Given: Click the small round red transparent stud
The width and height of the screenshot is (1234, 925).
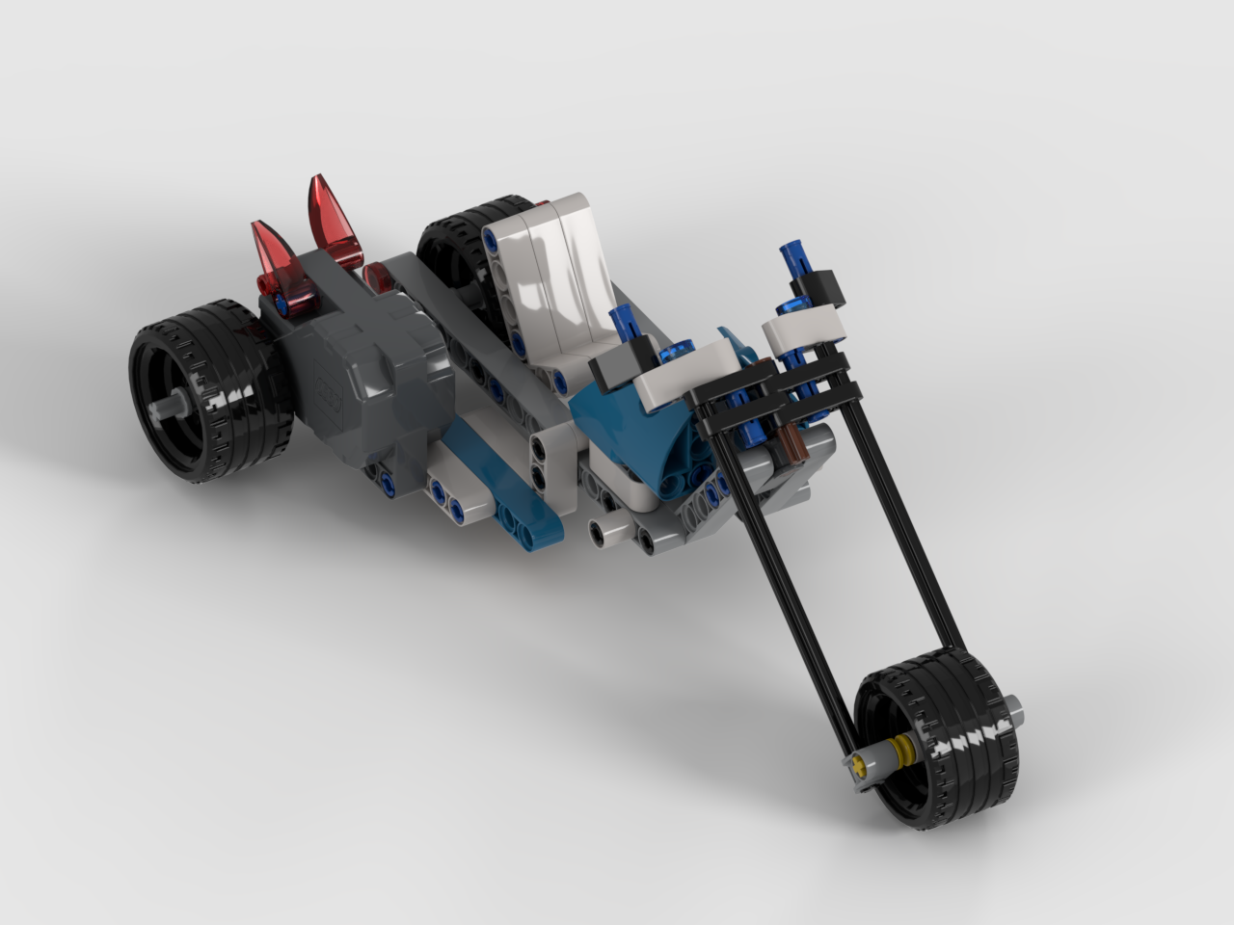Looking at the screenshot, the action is [377, 280].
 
